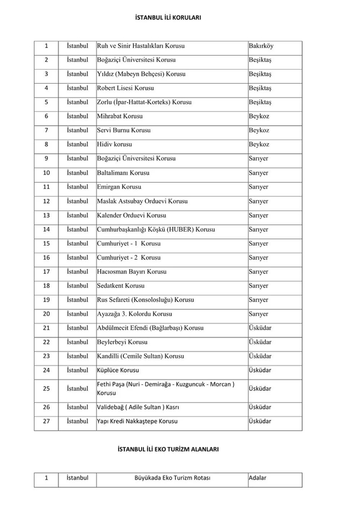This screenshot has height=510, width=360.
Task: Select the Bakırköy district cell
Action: click(x=261, y=46)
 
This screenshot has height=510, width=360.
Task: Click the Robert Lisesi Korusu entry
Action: click(x=126, y=88)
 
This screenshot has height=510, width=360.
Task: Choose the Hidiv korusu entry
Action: click(x=115, y=144)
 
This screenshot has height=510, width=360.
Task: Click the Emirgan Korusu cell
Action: click(x=119, y=187)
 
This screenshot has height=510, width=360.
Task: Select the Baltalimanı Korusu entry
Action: click(x=123, y=173)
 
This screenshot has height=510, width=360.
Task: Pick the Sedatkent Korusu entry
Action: click(x=121, y=285)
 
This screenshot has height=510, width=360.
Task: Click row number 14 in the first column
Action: click(x=46, y=229)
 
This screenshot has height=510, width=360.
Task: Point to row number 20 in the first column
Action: click(x=46, y=314)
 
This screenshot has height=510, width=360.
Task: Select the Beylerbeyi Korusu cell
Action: click(x=122, y=342)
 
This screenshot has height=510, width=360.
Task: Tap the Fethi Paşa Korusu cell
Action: click(x=166, y=388)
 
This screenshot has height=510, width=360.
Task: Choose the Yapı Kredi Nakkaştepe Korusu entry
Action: click(x=137, y=421)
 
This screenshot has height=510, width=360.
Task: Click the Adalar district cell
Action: click(x=257, y=478)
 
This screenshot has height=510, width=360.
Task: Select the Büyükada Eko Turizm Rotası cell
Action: click(x=172, y=478)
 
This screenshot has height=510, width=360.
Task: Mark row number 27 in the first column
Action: click(x=46, y=421)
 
